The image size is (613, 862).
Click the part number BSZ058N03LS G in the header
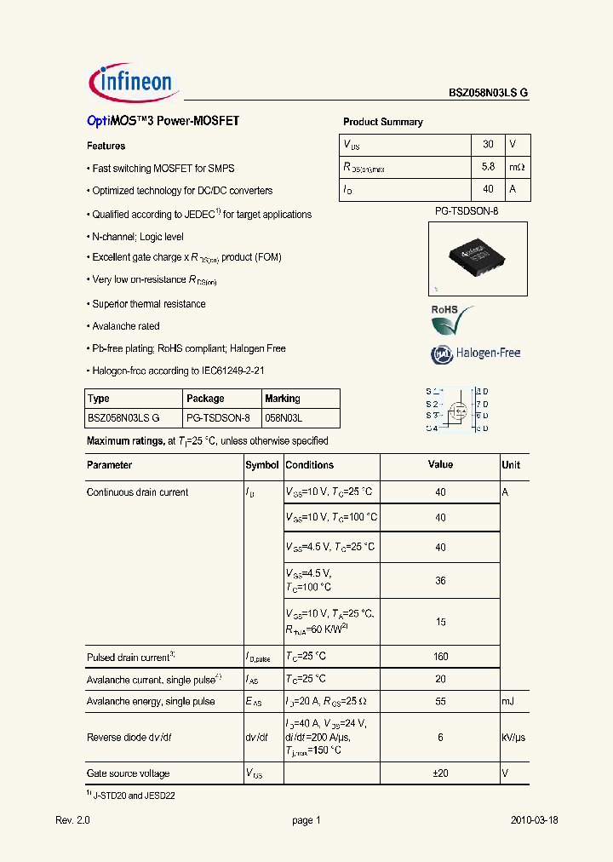(489, 95)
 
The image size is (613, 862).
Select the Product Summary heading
(382, 122)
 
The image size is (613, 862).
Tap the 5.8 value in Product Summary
(488, 167)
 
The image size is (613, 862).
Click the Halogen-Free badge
(475, 353)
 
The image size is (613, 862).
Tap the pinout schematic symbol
(457, 410)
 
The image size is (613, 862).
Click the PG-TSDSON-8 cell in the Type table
(218, 417)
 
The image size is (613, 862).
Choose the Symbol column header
(262, 465)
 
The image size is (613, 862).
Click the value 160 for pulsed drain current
(440, 657)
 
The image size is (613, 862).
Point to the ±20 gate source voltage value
(440, 773)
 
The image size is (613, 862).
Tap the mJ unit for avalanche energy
(508, 701)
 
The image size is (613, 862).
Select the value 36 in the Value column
(440, 581)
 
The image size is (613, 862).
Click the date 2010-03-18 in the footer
(535, 820)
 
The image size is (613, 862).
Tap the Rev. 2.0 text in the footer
(72, 820)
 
